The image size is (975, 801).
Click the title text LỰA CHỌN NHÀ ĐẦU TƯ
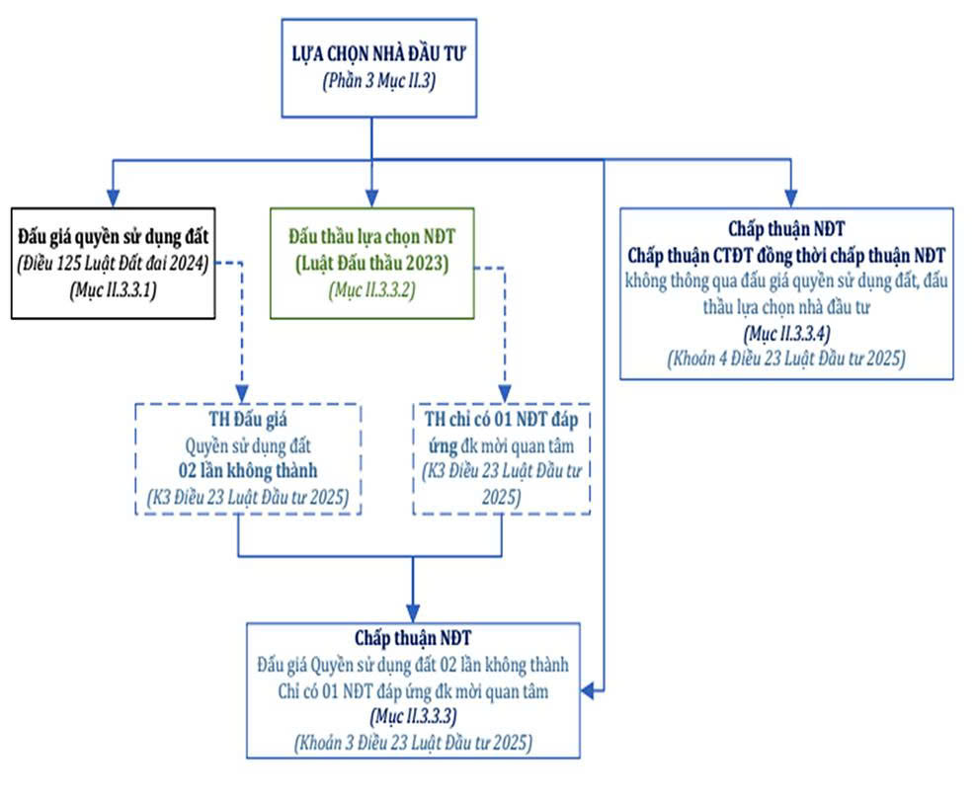378,54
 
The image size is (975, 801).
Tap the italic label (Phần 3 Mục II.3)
378,81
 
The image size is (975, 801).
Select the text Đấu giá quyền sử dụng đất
114,237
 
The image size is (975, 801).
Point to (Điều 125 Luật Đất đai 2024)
114,264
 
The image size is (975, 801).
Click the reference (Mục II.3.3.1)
114,290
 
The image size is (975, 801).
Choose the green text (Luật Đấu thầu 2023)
371,264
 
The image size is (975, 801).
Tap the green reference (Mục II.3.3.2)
371,290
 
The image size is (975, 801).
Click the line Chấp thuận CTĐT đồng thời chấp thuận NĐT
786,255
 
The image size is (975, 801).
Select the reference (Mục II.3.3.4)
786,334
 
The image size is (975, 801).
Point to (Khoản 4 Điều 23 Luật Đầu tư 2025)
786,359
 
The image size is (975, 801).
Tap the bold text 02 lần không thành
248,470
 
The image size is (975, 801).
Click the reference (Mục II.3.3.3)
414,717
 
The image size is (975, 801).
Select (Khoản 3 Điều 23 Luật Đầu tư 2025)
414,743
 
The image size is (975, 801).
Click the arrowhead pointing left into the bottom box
588,690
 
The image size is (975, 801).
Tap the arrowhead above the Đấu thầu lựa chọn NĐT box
371,199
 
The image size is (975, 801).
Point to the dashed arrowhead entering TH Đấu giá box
242,394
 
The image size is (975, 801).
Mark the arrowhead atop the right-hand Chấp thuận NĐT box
790,199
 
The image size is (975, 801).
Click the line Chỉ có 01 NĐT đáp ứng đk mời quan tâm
414,691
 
